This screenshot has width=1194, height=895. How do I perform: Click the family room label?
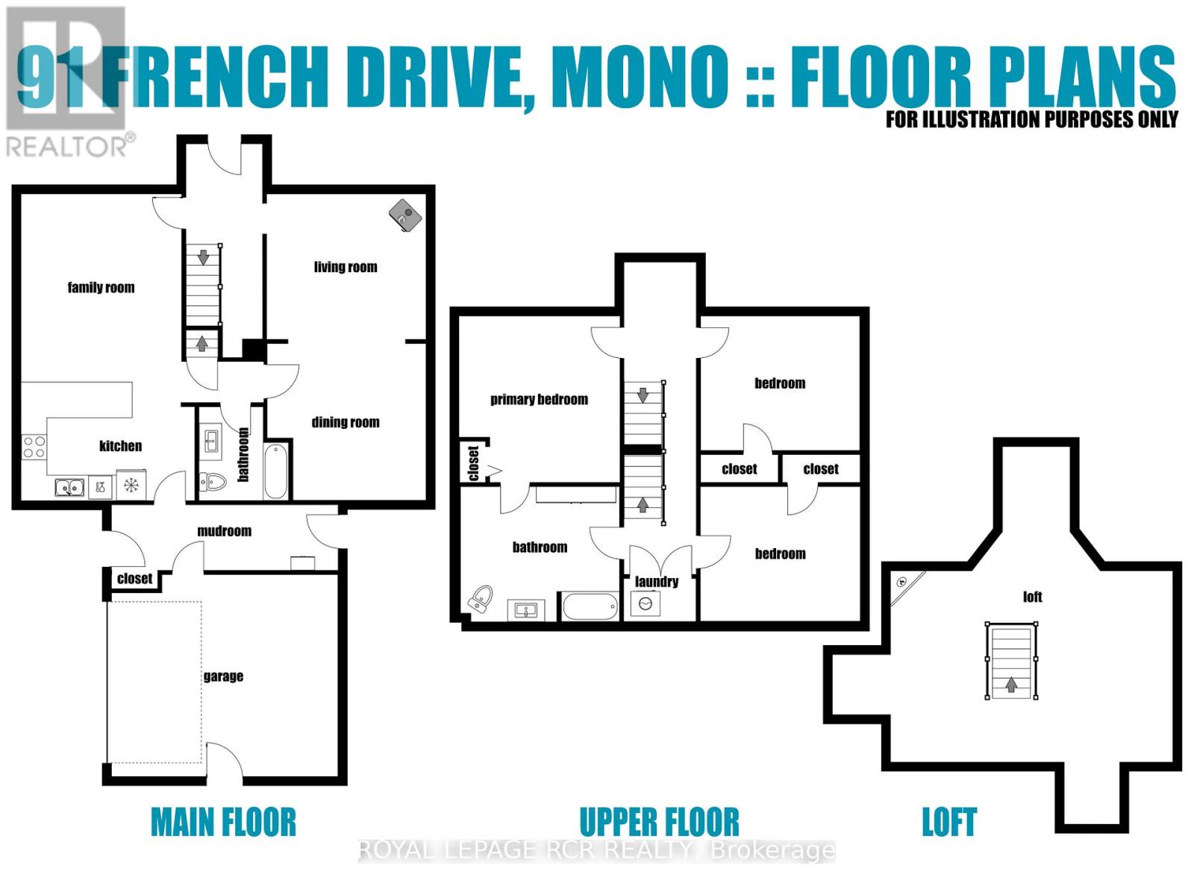[x=101, y=288]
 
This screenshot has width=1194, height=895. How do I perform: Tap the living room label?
[x=346, y=267]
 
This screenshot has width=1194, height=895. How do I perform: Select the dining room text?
[x=346, y=423]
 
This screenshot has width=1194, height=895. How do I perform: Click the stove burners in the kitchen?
[x=34, y=447]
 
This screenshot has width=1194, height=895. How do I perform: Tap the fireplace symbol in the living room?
[x=404, y=216]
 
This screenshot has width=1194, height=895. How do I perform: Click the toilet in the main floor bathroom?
[x=213, y=483]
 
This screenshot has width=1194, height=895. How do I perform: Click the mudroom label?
[x=224, y=531]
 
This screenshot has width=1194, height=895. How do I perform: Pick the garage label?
[x=223, y=676]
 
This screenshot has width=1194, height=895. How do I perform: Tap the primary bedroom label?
[x=539, y=400]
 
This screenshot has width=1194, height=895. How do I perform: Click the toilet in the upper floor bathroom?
[x=480, y=600]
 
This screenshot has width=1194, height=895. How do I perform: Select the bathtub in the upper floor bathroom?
[x=590, y=606]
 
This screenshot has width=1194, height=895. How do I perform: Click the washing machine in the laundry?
[x=646, y=603]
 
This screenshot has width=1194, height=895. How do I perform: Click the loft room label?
[x=1032, y=597]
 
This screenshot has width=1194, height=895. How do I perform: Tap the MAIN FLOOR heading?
[x=223, y=823]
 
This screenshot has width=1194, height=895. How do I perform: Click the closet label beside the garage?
[x=134, y=579]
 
